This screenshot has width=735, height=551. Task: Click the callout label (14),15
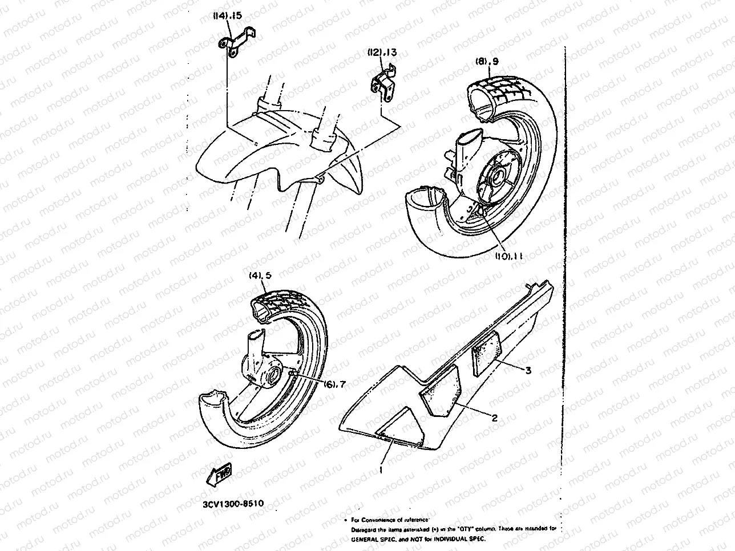tap(227, 17)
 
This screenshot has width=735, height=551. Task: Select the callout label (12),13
tap(382, 53)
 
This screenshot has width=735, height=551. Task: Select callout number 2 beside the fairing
tap(495, 418)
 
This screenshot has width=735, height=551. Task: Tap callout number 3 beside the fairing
tap(528, 370)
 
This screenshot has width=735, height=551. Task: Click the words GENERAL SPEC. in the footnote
tap(371, 538)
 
